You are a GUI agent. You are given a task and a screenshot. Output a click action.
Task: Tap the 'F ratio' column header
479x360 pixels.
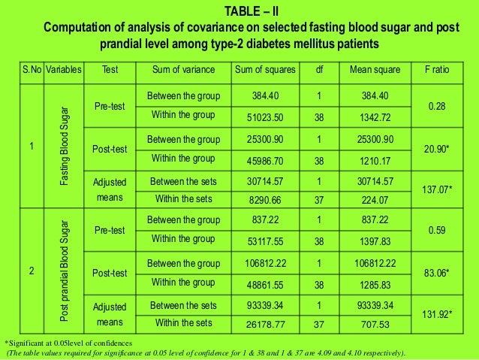tap(436, 70)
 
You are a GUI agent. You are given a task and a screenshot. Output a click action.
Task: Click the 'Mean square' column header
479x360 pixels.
tap(374, 70)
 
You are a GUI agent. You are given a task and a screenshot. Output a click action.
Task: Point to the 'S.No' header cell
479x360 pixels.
tap(32, 70)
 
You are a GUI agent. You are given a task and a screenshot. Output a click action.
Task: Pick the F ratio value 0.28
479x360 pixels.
tap(436, 107)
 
